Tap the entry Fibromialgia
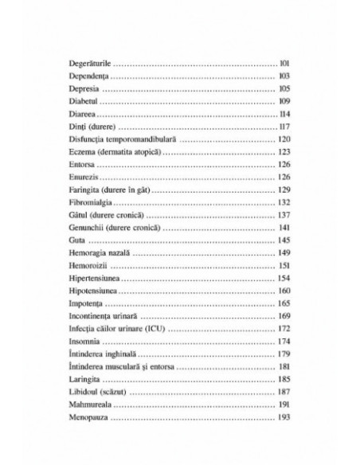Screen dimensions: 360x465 click(87, 204)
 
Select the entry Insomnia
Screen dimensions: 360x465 click(80, 342)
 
